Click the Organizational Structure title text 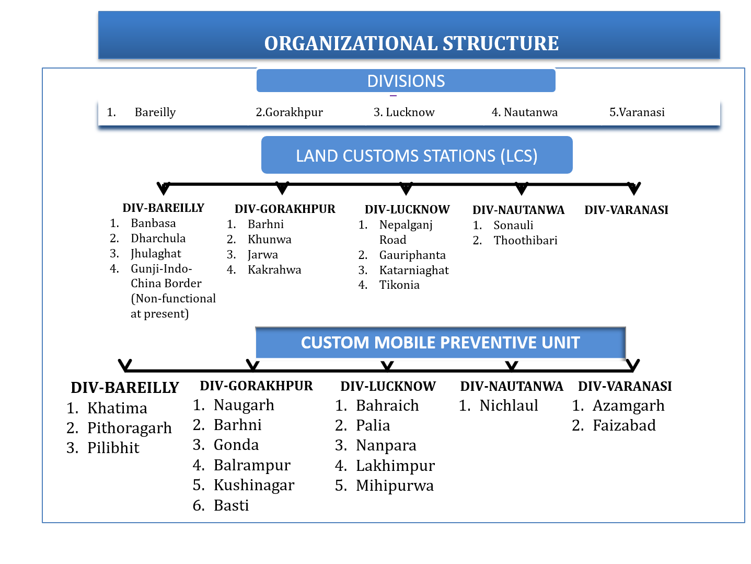(411, 43)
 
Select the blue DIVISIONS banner (406, 81)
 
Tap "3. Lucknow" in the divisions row (404, 112)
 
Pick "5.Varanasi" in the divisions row (637, 112)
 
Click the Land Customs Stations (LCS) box (417, 155)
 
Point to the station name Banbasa (153, 223)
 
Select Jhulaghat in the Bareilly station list (156, 254)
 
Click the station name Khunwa (269, 240)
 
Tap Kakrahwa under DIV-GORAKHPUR (274, 270)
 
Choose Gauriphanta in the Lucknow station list (412, 255)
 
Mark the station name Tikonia (399, 285)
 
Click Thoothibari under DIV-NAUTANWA (525, 241)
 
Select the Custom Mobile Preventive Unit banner (440, 343)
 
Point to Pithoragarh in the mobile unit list (129, 428)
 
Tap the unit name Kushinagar (254, 485)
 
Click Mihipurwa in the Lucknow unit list (395, 486)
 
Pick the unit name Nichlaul (509, 405)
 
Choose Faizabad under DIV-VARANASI (624, 425)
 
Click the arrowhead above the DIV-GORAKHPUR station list (282, 188)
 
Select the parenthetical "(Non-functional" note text (173, 299)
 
